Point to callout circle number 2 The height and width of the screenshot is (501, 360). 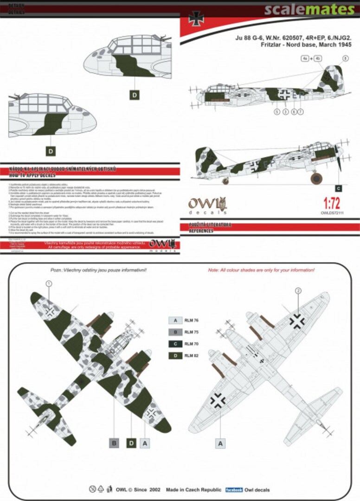click(298, 291)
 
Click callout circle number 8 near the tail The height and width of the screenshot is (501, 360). click(345, 58)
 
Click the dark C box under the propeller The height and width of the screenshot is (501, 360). click(338, 188)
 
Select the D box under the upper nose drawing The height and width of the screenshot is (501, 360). click(134, 95)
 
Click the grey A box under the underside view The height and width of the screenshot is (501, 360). click(221, 443)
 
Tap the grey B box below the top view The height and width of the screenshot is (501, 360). click(114, 443)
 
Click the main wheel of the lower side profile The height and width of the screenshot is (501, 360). click(317, 178)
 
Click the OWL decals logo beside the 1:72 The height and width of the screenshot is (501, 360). click(207, 206)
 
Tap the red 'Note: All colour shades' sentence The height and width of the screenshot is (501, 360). click(261, 270)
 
